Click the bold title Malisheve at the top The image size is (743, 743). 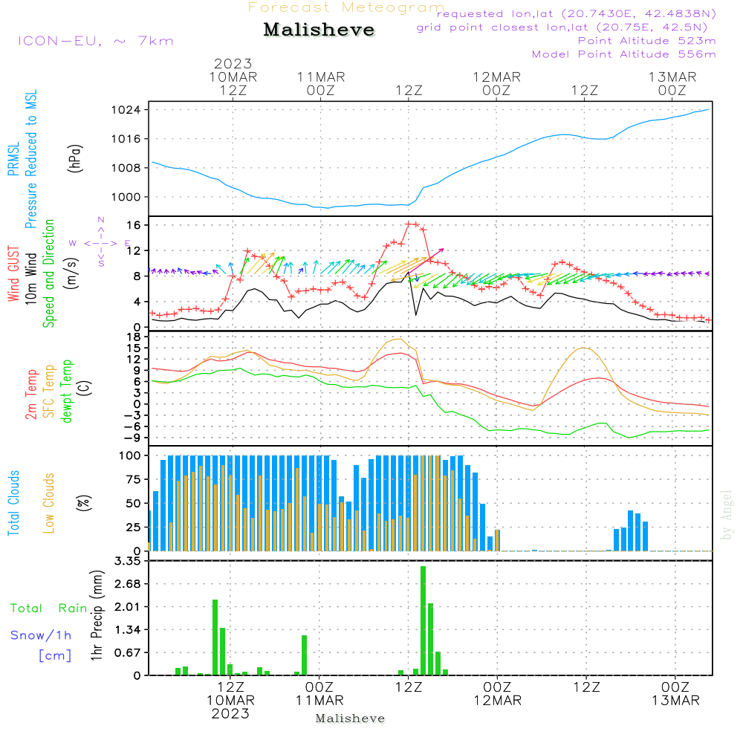tap(319, 30)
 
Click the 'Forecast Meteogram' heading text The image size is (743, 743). tap(346, 7)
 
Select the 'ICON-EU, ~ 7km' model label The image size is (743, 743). tap(96, 41)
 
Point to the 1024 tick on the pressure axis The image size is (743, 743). tap(126, 110)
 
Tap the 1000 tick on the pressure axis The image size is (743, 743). tap(126, 197)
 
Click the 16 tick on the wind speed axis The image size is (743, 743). tap(134, 225)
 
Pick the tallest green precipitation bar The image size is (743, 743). tap(424, 620)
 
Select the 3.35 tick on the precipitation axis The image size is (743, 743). tap(128, 562)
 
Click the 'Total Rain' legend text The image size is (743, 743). tap(49, 609)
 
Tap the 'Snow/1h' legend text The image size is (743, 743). tap(41, 635)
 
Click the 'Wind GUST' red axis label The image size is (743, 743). tap(13, 274)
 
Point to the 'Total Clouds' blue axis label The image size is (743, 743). tap(13, 503)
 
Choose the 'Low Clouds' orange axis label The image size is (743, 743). tap(49, 503)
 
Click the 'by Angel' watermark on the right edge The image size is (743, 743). tap(727, 515)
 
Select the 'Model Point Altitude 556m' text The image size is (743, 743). tap(623, 54)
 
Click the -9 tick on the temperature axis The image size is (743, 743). tap(133, 438)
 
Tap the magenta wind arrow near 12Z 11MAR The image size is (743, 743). tap(426, 261)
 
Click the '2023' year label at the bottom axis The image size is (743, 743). tap(230, 713)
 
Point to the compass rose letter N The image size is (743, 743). tap(101, 221)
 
